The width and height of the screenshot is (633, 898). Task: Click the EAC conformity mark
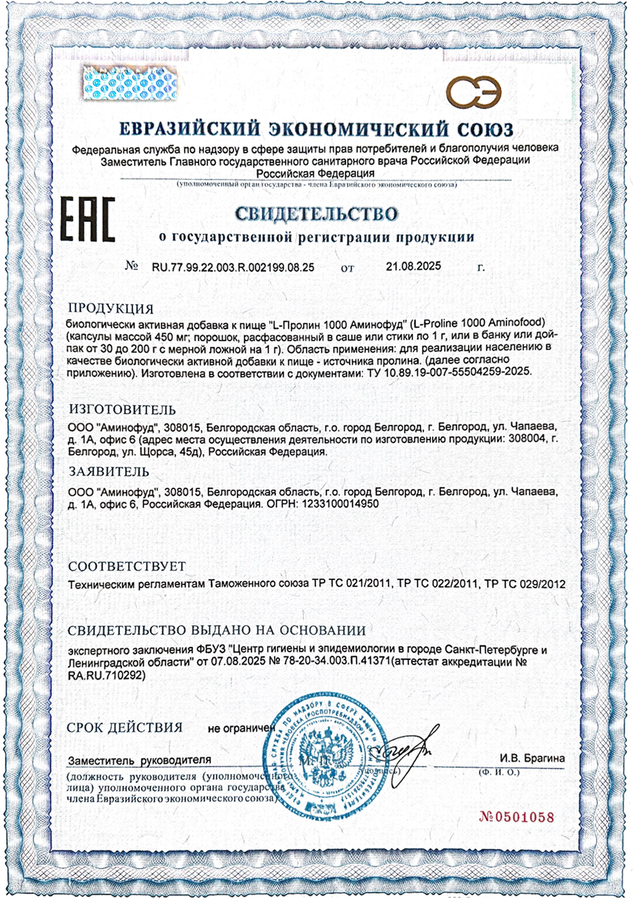88,220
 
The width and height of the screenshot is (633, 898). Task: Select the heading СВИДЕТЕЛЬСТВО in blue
316,213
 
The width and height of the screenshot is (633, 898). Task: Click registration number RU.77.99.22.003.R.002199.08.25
233,267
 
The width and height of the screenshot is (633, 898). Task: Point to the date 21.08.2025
413,267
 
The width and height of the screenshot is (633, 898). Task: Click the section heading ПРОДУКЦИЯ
111,308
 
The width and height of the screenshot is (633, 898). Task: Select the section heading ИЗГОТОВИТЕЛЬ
122,409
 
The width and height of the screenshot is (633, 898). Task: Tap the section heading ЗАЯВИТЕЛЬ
109,472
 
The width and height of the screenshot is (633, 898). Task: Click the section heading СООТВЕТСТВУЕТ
127,566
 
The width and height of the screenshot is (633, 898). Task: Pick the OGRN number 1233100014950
340,504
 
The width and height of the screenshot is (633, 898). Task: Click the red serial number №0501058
516,817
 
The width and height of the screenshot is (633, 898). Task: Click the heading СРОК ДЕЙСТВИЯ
124,727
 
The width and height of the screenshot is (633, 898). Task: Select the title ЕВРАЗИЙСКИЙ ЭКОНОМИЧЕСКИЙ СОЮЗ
316,129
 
